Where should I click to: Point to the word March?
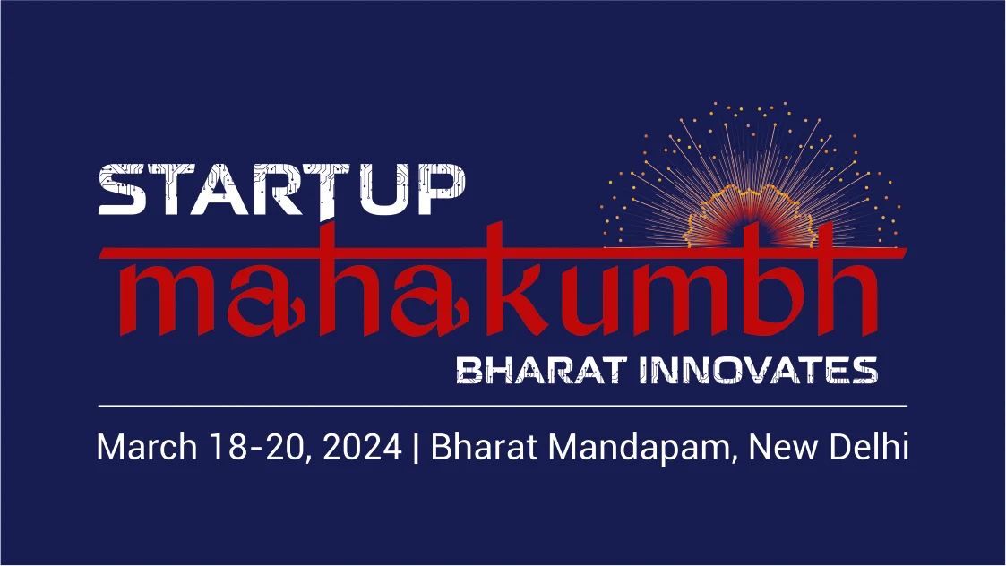[144, 446]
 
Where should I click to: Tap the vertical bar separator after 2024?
[417, 448]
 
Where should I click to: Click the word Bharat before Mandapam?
[484, 446]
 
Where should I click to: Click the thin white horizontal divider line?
[502, 406]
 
